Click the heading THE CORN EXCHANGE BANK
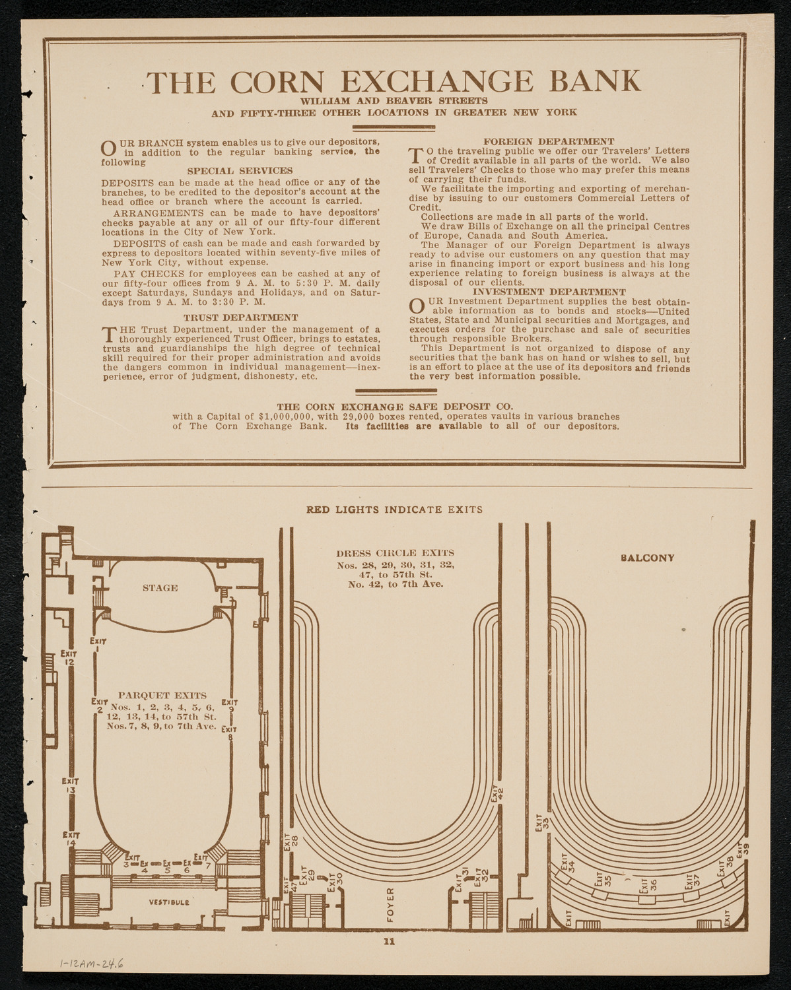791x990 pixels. (x=395, y=81)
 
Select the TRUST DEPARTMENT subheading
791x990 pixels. (x=240, y=318)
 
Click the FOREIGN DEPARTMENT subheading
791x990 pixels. (x=549, y=142)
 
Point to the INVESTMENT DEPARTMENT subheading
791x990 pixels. (x=549, y=292)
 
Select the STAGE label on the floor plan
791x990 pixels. (x=160, y=588)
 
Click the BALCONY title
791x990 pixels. (x=647, y=558)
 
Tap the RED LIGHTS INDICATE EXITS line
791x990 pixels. (x=395, y=510)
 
